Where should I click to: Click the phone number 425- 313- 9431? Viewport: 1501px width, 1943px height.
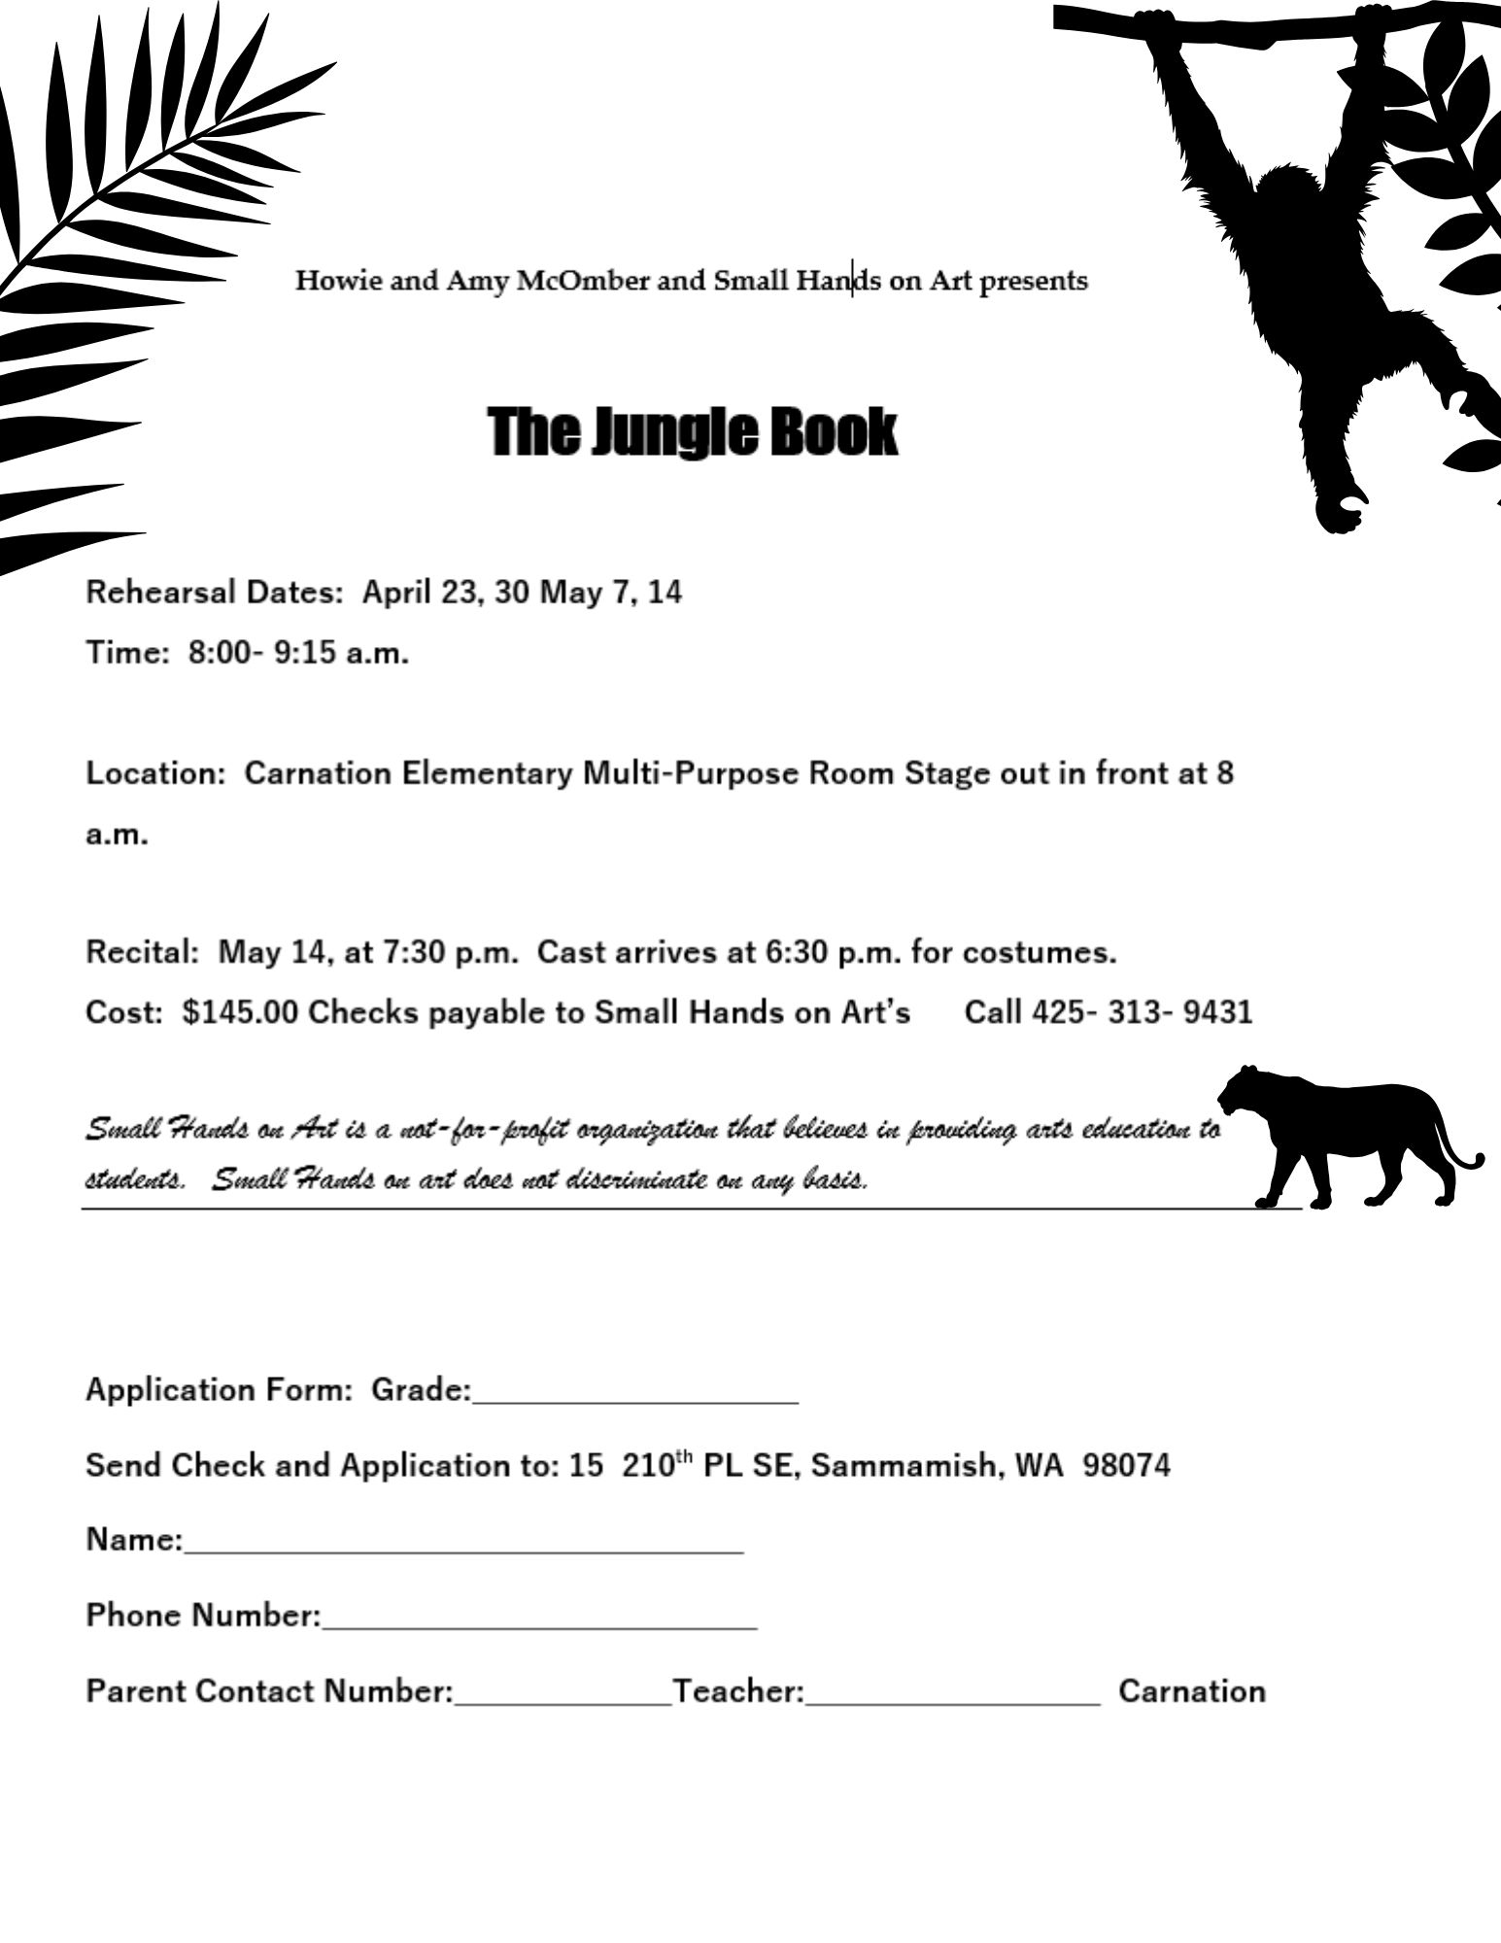point(1143,1012)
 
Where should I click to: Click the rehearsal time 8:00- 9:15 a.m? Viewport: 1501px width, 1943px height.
point(298,653)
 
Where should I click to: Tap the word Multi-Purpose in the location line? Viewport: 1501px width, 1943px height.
point(692,774)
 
